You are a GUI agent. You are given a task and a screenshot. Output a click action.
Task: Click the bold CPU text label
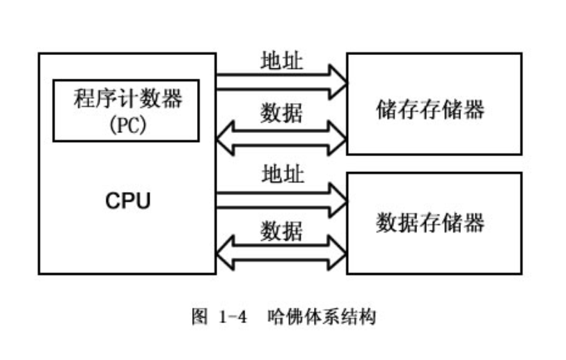(128, 201)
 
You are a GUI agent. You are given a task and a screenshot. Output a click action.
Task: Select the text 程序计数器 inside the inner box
(127, 99)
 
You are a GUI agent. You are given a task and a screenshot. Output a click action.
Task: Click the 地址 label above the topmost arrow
(281, 61)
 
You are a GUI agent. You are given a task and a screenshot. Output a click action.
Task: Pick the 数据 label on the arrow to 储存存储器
(281, 111)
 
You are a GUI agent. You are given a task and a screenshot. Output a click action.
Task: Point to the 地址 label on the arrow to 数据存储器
(281, 173)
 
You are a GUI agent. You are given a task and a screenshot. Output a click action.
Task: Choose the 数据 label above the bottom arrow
(281, 230)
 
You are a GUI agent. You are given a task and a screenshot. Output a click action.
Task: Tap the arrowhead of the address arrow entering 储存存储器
(338, 81)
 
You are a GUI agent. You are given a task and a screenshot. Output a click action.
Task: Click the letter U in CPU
(143, 201)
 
